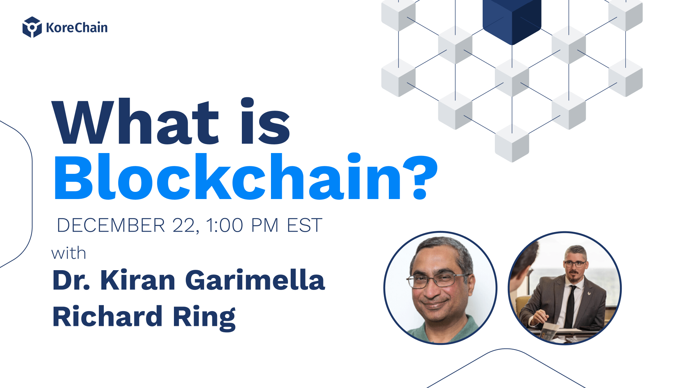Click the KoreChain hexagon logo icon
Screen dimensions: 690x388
32,27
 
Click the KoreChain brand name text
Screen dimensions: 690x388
77,28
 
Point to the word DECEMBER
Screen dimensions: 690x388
111,226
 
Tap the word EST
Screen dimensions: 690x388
304,226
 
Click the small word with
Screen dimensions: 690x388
69,254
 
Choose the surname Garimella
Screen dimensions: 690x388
255,280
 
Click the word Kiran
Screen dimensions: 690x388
138,280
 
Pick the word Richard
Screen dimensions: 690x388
107,316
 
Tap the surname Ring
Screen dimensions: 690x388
204,318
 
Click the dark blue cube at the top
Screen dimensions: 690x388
512,20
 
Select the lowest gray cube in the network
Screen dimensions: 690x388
512,143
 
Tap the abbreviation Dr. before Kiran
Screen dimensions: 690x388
71,280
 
